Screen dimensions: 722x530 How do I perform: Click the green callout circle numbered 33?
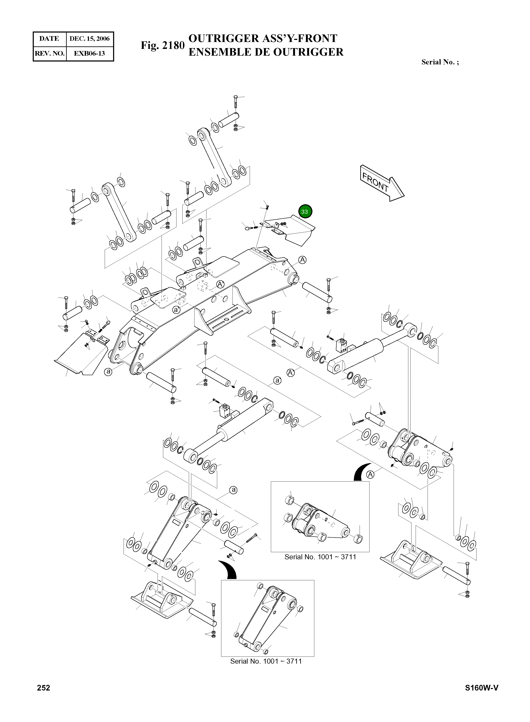[x=304, y=212]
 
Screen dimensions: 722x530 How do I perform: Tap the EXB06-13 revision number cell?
[x=90, y=53]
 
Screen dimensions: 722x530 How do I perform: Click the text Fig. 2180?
[x=163, y=46]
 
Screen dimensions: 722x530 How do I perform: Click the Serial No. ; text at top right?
[x=440, y=62]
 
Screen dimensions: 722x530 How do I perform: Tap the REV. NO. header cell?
[x=49, y=53]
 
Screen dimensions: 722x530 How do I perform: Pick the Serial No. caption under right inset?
[x=320, y=557]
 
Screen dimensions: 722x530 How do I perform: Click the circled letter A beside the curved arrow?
[x=370, y=474]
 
